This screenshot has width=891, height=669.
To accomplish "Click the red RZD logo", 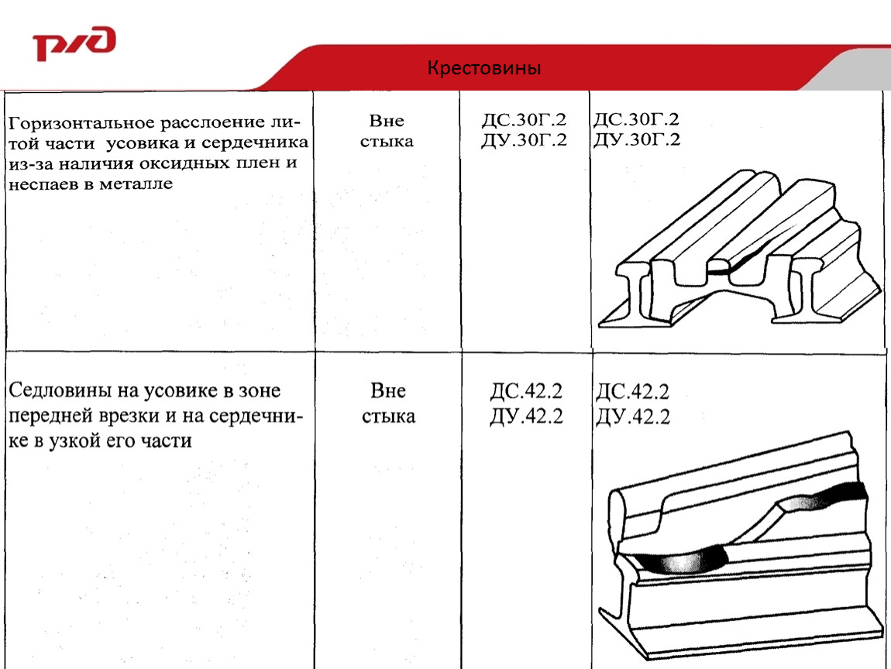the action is [x=74, y=43].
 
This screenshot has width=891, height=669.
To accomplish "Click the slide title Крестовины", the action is [x=484, y=68].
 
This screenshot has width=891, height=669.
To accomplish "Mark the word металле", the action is [x=136, y=184].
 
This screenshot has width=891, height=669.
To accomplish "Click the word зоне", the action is [x=260, y=391].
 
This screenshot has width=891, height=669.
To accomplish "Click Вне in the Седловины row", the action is [x=388, y=391].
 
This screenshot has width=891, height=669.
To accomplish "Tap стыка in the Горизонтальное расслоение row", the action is [x=387, y=142].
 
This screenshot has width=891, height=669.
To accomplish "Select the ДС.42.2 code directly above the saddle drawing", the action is [x=632, y=391].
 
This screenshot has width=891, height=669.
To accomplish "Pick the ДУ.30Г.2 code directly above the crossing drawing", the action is [x=636, y=139].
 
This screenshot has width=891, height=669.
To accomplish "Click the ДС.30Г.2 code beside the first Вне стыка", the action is [x=524, y=120].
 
